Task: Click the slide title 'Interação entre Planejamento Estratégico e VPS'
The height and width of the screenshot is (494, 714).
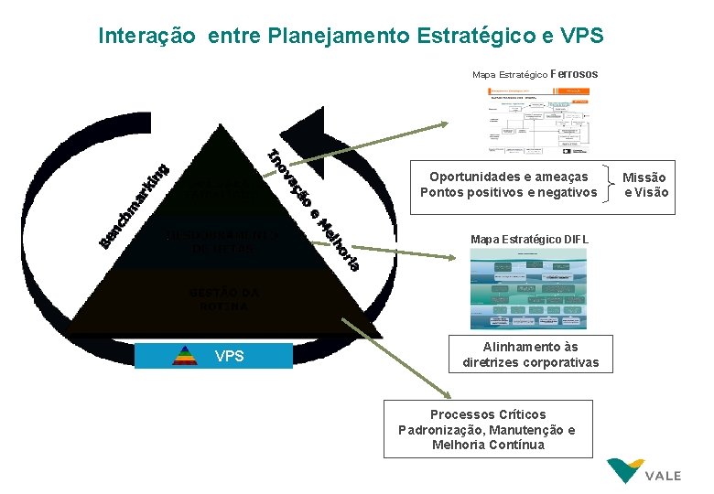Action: (x=351, y=37)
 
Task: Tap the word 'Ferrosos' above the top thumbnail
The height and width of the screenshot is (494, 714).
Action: (x=575, y=73)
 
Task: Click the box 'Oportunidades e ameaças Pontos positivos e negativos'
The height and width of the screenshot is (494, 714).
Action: (x=508, y=184)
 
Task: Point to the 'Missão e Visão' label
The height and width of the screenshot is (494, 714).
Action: (x=646, y=184)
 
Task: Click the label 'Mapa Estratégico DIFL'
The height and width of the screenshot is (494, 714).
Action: (x=529, y=240)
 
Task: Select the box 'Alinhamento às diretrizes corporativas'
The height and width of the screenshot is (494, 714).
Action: (x=530, y=355)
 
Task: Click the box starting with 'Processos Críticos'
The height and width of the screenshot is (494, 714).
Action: (x=487, y=429)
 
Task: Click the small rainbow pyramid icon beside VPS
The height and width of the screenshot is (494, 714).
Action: (x=186, y=356)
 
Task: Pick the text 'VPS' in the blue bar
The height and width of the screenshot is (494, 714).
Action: (x=230, y=356)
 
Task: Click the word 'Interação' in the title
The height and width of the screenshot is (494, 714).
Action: (x=146, y=37)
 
